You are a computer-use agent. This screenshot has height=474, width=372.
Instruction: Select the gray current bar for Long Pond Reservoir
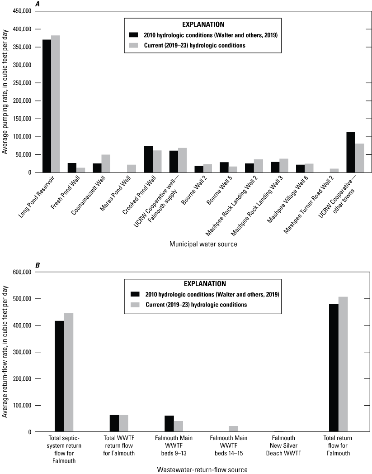pos(56,104)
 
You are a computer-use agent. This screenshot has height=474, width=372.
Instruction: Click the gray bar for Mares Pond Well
pos(132,168)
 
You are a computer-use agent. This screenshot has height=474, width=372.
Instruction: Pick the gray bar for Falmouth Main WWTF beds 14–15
pos(233,429)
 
